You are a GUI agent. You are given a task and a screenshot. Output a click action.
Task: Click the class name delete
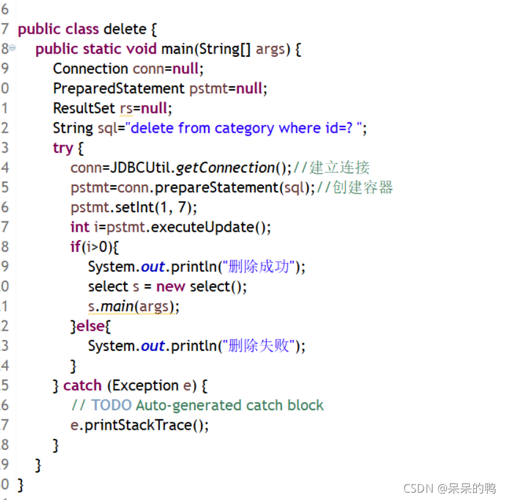125,29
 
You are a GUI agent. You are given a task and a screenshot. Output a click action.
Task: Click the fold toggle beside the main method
13,48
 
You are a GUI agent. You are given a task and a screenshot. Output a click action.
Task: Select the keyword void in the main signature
142,49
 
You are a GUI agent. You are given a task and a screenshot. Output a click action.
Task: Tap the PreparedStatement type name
118,88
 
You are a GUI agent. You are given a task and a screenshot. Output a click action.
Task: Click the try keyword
62,148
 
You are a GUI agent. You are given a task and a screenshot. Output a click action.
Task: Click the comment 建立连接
340,167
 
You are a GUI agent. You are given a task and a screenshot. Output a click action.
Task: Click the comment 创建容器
363,188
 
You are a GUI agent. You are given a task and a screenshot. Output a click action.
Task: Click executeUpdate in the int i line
202,227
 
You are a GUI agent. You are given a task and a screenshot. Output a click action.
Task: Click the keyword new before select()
170,287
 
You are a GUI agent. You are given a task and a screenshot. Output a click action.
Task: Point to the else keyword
90,326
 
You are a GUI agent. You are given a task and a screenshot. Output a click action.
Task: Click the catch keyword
82,386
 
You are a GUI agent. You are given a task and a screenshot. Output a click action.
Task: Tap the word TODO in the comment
111,405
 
